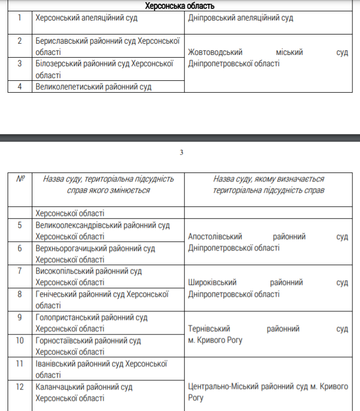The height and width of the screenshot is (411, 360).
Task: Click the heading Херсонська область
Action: pos(180,6)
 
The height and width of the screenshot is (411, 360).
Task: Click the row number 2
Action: pos(19,40)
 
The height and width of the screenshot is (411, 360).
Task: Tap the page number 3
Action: pos(181,152)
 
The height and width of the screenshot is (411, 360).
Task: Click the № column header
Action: pos(20,179)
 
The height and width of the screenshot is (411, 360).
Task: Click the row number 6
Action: pos(19,248)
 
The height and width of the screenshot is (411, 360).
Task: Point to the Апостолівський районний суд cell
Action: pos(268,242)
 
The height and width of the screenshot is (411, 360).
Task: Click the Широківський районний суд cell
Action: pos(268,288)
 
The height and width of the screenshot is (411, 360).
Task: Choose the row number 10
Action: pos(19,340)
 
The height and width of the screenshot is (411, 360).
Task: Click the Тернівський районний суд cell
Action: pos(268,334)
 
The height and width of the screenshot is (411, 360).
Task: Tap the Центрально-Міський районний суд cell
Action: pos(268,392)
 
